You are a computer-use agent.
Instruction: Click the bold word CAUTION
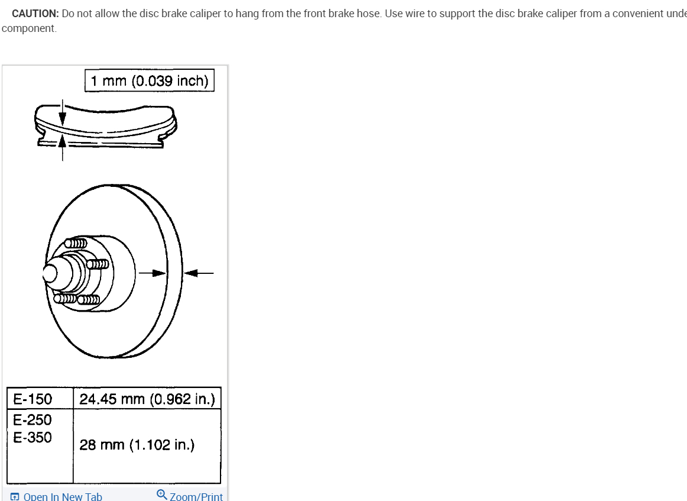(34, 14)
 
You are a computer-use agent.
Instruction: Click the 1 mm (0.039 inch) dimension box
(150, 81)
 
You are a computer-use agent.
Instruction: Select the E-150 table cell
(33, 399)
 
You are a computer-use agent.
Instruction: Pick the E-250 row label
(33, 420)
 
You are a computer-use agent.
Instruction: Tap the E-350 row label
(33, 438)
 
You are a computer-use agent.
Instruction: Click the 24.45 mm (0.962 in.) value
(147, 399)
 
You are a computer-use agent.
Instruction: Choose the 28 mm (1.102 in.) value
(137, 445)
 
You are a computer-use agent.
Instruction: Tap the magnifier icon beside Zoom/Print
(161, 494)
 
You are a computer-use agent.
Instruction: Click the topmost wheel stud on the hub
(76, 243)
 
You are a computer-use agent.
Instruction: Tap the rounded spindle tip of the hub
(50, 273)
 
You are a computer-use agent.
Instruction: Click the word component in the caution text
(29, 28)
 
